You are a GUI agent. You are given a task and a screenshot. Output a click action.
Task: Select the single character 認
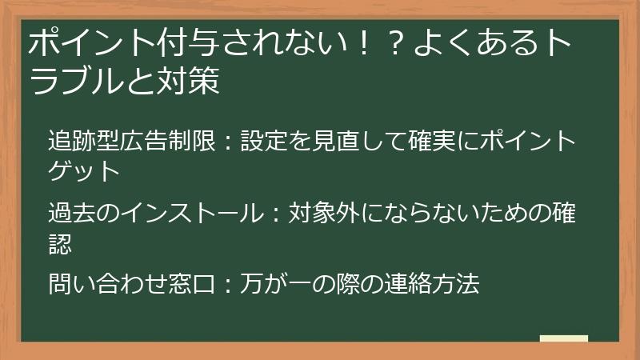tap(60, 242)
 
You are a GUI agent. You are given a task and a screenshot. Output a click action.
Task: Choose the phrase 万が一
tap(278, 284)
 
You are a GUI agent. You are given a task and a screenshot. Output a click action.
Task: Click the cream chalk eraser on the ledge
tap(563, 338)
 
